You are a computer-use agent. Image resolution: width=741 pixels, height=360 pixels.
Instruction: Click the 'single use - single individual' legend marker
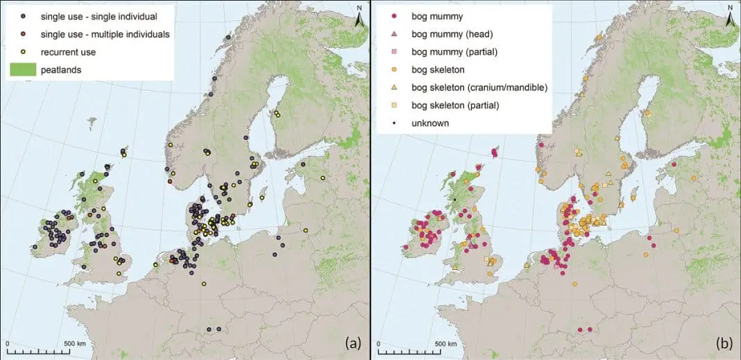[x=23, y=15]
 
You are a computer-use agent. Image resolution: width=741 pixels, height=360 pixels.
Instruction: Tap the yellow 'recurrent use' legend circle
[x=23, y=52]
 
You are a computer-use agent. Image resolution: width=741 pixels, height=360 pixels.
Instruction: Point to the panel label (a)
[x=352, y=343]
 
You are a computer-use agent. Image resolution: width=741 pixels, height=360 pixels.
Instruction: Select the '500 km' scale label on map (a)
[x=74, y=343]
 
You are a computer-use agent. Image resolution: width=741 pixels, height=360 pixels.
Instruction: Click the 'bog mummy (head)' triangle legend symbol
[x=394, y=33]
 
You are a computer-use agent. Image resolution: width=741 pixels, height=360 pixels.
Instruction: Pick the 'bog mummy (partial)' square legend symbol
[x=394, y=51]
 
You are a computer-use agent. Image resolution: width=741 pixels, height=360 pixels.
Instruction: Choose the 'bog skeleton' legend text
[x=438, y=69]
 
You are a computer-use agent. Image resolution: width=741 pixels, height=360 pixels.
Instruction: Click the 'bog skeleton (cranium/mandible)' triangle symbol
[x=394, y=87]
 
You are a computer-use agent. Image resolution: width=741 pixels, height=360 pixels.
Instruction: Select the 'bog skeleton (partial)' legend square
[x=394, y=105]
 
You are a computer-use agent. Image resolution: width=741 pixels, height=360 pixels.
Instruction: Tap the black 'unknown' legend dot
[x=394, y=123]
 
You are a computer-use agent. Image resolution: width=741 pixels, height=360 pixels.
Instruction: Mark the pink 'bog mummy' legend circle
[x=394, y=15]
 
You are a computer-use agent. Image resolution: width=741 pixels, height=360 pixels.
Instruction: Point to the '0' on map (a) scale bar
[x=7, y=343]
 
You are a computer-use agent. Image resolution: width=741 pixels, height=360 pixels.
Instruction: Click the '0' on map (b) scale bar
[x=377, y=343]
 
